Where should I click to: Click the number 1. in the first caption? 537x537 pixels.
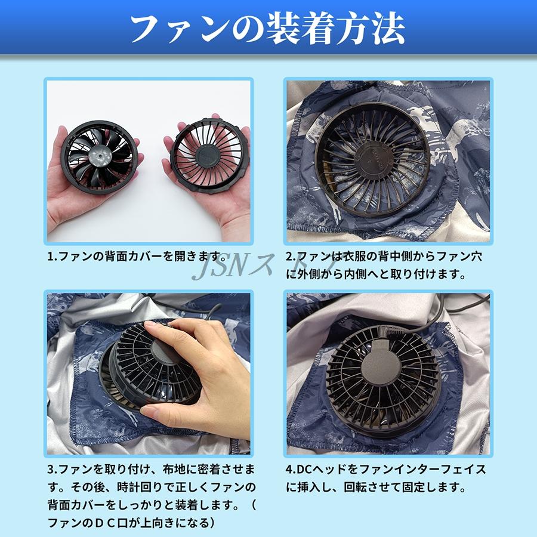point(52,257)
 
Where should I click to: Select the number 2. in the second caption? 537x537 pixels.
point(291,257)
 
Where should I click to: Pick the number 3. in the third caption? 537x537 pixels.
point(52,469)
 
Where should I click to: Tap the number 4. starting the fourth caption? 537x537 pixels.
point(291,469)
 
